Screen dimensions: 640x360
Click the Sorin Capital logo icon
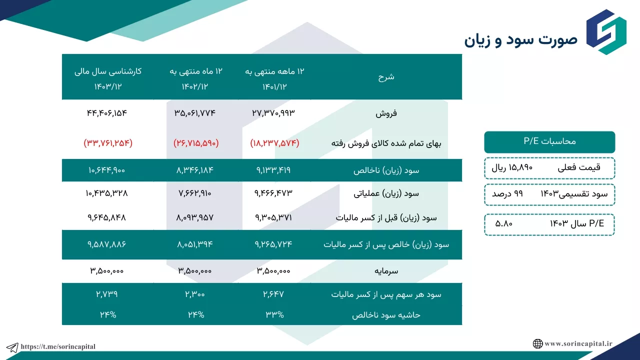point(606,32)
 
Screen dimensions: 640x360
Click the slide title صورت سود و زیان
point(520,40)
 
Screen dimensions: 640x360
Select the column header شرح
point(386,77)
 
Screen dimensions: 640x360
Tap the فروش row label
point(386,113)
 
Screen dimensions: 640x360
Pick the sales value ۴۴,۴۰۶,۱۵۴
point(107,113)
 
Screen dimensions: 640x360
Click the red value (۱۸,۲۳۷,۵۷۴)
point(274,143)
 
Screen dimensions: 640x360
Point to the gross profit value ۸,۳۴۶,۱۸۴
point(195,170)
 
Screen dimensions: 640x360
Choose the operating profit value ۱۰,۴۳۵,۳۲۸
point(107,193)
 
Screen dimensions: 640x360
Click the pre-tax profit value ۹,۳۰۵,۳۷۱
point(273,217)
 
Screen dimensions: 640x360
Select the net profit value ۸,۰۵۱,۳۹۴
point(195,244)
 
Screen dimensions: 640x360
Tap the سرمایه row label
point(386,271)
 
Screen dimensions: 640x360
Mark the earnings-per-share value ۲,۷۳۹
point(107,294)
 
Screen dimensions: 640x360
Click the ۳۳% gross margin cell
point(274,315)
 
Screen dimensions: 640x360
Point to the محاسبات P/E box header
point(549,142)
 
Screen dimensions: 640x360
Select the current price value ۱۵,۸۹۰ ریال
point(512,167)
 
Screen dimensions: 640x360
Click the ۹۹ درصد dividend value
point(507,194)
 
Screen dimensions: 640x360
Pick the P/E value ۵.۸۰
point(503,223)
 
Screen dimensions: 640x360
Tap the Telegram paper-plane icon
point(12,347)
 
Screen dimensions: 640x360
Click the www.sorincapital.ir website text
point(578,343)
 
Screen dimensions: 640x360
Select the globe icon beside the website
point(537,343)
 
